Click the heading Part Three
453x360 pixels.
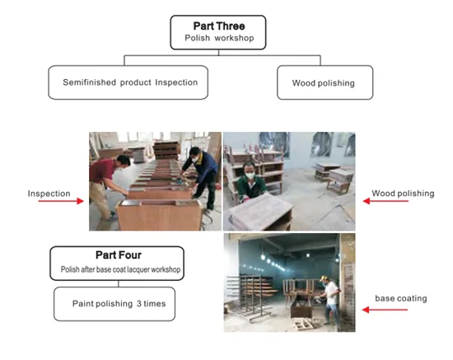(219, 26)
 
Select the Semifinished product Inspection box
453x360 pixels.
(128, 82)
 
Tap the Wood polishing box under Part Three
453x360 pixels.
(325, 82)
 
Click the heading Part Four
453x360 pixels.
(119, 255)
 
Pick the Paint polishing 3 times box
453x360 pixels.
(114, 304)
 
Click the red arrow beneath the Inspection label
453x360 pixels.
(61, 201)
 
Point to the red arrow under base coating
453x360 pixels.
(385, 310)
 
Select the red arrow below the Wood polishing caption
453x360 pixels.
(385, 201)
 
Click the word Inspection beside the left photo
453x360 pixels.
(49, 194)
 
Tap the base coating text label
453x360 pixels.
(401, 298)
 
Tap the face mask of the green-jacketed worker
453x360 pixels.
(250, 175)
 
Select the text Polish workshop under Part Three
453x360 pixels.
(219, 38)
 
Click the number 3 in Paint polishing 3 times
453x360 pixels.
(139, 304)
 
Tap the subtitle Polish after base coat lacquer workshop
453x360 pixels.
(120, 269)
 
